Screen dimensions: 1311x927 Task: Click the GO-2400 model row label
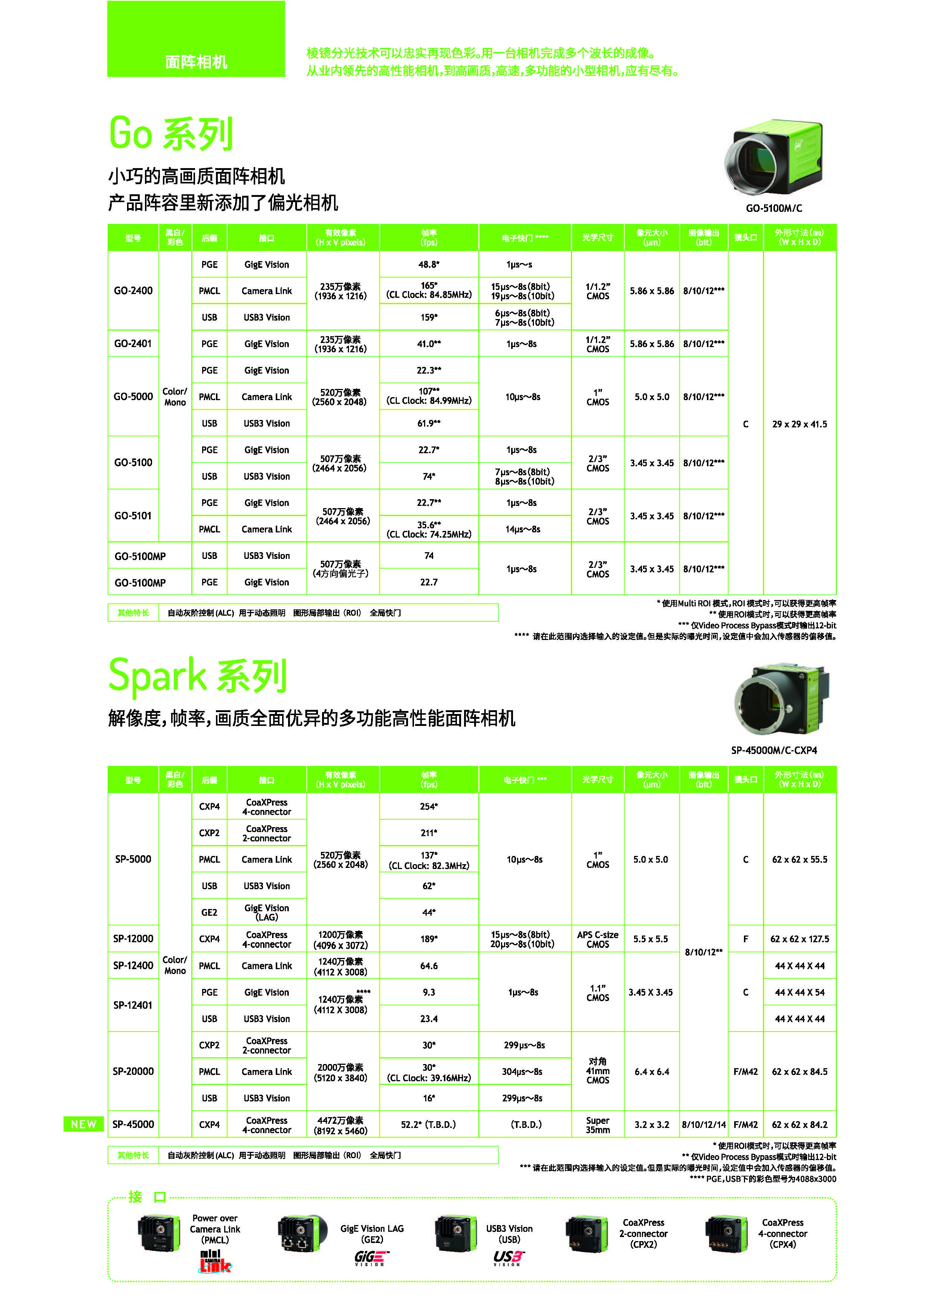coord(133,291)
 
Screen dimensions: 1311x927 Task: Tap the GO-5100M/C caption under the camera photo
coord(773,208)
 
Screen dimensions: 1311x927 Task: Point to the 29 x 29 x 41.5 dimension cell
coord(799,424)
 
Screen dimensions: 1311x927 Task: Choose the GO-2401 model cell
coord(133,344)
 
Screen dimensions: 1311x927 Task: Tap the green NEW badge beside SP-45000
coord(83,1124)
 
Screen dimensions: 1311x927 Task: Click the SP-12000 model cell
coord(133,939)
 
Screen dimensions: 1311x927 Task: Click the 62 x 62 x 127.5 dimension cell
coord(799,939)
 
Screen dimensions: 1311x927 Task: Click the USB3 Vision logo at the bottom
coord(508,1258)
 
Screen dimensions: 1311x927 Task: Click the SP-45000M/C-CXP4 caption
coord(774,750)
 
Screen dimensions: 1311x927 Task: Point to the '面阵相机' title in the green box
coord(196,62)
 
